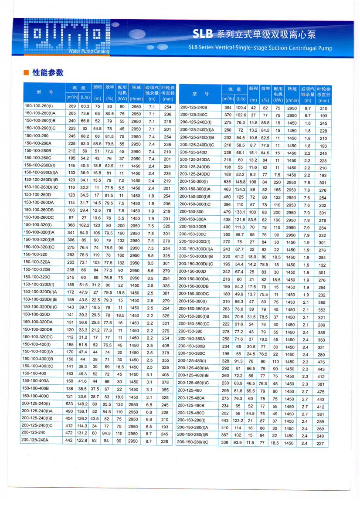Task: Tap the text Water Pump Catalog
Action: tap(89, 51)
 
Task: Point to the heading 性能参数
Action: tap(48, 72)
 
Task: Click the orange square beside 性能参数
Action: tap(26, 73)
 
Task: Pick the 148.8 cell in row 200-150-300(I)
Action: tap(241, 182)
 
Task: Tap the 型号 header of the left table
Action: tap(43, 93)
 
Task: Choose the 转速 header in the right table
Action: tap(292, 89)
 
